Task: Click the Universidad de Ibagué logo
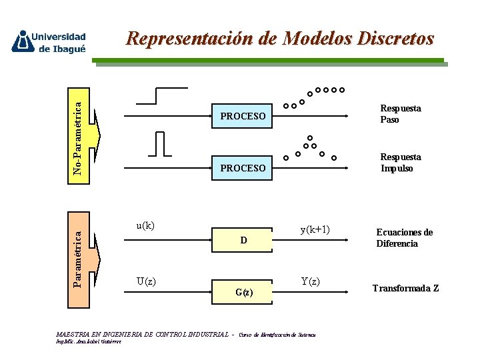coord(49,41)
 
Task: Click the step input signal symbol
coord(161,96)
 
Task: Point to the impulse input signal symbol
coord(161,144)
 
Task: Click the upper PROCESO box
coord(243,117)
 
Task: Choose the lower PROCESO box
coord(243,168)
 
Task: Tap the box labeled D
coord(243,241)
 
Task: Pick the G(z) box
coord(243,292)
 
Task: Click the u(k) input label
coord(145,225)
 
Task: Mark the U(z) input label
coord(146,281)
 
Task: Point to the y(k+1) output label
coord(315,230)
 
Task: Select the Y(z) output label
coord(310,281)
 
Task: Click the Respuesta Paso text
coord(400,114)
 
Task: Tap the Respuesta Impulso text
coord(400,163)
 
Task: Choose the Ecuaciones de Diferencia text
coord(404,238)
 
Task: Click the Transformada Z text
coord(405,289)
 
